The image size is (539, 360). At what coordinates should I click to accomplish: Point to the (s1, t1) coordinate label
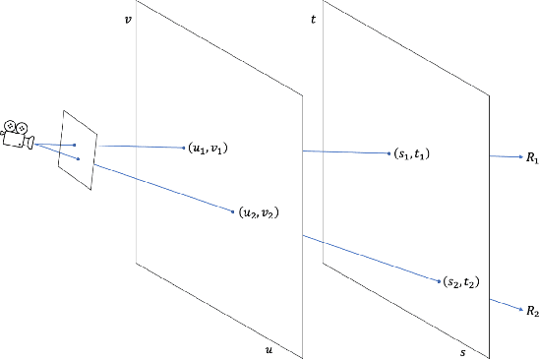[414, 154]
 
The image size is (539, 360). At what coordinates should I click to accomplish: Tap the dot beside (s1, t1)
[390, 153]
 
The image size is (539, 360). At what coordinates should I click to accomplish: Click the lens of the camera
[30, 144]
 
